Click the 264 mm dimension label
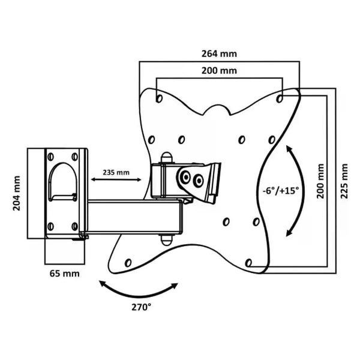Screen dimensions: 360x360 coord(219,53)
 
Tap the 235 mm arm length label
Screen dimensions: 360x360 coord(116,172)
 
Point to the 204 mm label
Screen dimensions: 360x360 coord(17,191)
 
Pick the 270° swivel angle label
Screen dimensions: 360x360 coord(142,307)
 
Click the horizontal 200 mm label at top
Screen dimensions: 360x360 coord(219,71)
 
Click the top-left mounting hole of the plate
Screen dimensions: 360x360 coord(158,95)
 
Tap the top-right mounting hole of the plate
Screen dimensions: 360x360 coord(281,95)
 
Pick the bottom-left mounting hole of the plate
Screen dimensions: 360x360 coord(128,262)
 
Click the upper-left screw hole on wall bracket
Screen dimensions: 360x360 coord(50,157)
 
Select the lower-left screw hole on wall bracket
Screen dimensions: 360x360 coord(50,226)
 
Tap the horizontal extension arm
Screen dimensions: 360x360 coord(135,216)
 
